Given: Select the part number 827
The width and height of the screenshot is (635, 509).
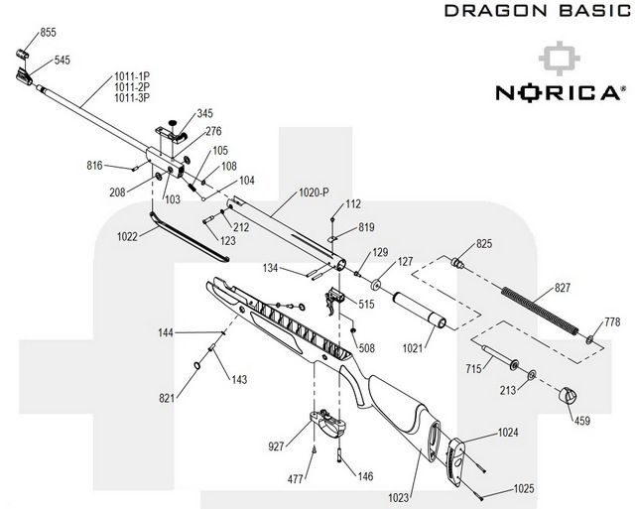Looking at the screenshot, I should [563, 288].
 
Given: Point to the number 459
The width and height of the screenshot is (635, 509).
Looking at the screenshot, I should [582, 421].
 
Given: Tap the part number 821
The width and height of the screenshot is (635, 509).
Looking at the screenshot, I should [168, 399].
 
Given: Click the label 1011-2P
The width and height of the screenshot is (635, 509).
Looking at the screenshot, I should [131, 87].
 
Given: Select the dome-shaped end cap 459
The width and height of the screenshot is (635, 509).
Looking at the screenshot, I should [569, 394].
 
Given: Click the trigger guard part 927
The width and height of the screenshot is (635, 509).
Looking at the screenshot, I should [330, 421].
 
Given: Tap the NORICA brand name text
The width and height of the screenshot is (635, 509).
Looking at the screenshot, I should [560, 93].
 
